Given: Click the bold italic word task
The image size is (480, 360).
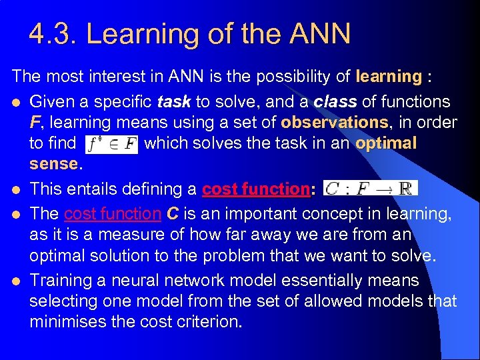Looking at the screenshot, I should pos(175,102).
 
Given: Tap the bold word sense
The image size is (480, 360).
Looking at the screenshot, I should pos(53,164).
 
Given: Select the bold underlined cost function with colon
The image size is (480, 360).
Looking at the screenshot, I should pos(258,189).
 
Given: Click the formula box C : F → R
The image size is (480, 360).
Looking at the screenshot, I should pos(370,189).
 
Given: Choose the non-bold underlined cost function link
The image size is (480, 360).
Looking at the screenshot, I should pos(112,213).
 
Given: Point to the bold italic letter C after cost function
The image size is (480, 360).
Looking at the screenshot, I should pos(172,213).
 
